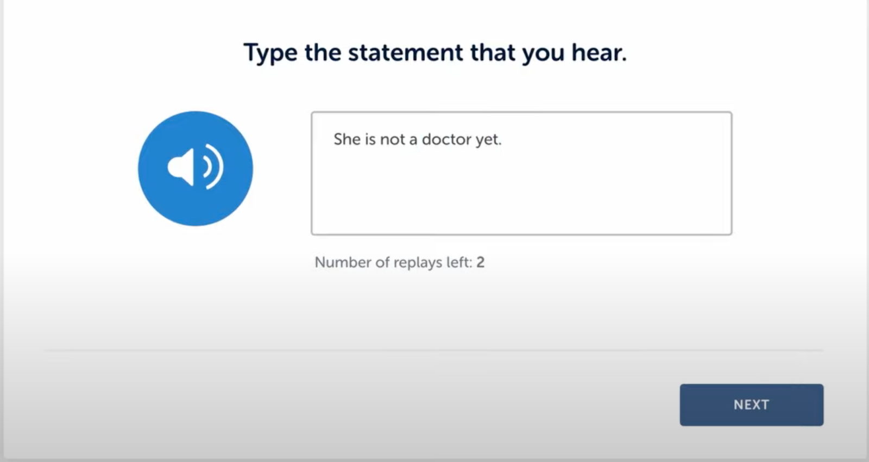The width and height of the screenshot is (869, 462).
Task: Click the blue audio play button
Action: pos(196,168)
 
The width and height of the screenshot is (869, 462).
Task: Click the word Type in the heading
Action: pos(270,53)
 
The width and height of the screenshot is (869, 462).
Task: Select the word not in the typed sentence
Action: pos(392,140)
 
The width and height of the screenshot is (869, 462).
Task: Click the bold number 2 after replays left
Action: pos(480,262)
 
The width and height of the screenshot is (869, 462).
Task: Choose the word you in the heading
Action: pos(543,54)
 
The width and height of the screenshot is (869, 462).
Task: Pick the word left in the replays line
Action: pos(459,262)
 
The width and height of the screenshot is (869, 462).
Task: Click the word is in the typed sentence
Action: pos(370,139)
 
